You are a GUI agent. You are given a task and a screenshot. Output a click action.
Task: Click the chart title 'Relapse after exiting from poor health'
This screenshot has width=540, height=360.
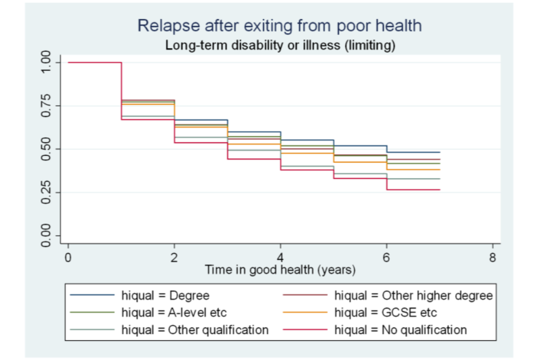(280, 26)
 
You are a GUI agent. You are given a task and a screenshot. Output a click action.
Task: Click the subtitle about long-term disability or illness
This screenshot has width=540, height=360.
(280, 46)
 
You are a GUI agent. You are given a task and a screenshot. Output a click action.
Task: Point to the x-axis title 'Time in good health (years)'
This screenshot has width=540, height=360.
(280, 270)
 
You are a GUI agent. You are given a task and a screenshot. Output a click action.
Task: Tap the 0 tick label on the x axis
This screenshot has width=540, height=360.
(68, 258)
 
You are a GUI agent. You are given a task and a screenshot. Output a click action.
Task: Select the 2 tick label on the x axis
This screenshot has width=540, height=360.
(174, 258)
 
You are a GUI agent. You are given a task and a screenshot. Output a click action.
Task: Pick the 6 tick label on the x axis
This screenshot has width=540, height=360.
(386, 258)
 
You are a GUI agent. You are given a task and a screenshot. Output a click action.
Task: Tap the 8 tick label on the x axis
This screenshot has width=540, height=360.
(493, 258)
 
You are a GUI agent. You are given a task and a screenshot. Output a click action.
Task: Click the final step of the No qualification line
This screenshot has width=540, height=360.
(413, 190)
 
